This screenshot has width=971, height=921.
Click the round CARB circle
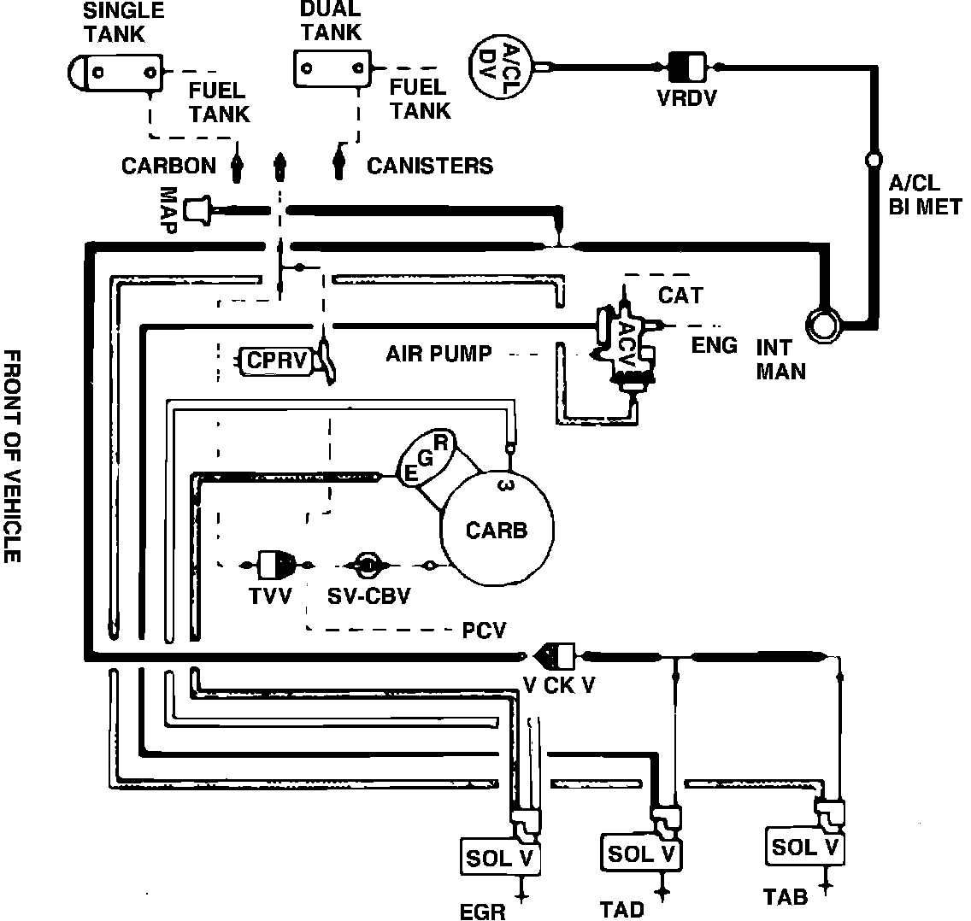[x=496, y=530]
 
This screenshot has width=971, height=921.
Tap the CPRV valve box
[x=275, y=361]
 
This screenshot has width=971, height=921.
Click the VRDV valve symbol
[x=687, y=66]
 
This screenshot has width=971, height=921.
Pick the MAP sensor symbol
[x=198, y=208]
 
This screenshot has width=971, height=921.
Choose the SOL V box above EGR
[x=501, y=858]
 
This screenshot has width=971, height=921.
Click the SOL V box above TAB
[x=804, y=847]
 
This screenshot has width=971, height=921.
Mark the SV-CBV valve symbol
[x=366, y=565]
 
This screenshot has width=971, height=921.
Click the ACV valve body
[x=626, y=346]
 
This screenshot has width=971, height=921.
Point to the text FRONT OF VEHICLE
[x=12, y=455]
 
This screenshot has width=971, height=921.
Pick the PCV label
[x=484, y=631]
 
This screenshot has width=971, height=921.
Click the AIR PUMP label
[x=438, y=353]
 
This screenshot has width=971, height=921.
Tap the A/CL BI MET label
[x=924, y=194]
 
